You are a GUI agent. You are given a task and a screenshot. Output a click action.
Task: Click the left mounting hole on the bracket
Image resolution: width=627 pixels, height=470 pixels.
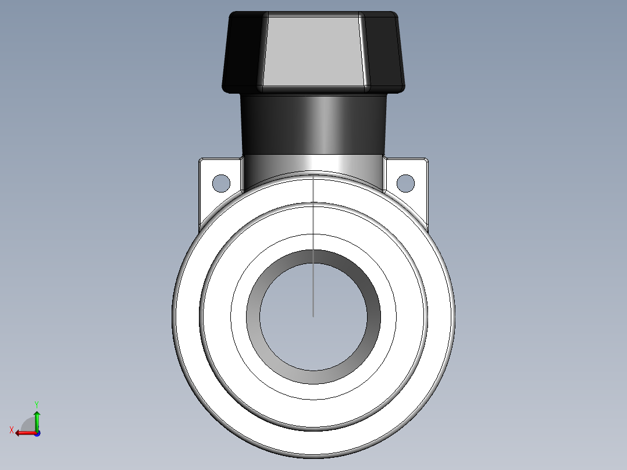(221, 183)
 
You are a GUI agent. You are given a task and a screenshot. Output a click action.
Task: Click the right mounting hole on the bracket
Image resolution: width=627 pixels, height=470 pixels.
(405, 183)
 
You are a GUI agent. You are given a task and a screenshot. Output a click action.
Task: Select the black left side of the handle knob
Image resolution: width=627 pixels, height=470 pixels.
(243, 51)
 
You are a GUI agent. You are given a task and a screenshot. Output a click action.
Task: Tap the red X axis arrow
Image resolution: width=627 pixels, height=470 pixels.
(24, 433)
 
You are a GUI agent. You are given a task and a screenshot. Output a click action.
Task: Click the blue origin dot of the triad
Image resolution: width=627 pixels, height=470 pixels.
(37, 433)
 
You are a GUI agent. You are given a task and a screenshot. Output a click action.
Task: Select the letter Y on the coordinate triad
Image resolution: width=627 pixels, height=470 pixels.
(36, 404)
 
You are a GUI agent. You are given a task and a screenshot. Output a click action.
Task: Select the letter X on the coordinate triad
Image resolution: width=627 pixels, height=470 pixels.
(12, 430)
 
